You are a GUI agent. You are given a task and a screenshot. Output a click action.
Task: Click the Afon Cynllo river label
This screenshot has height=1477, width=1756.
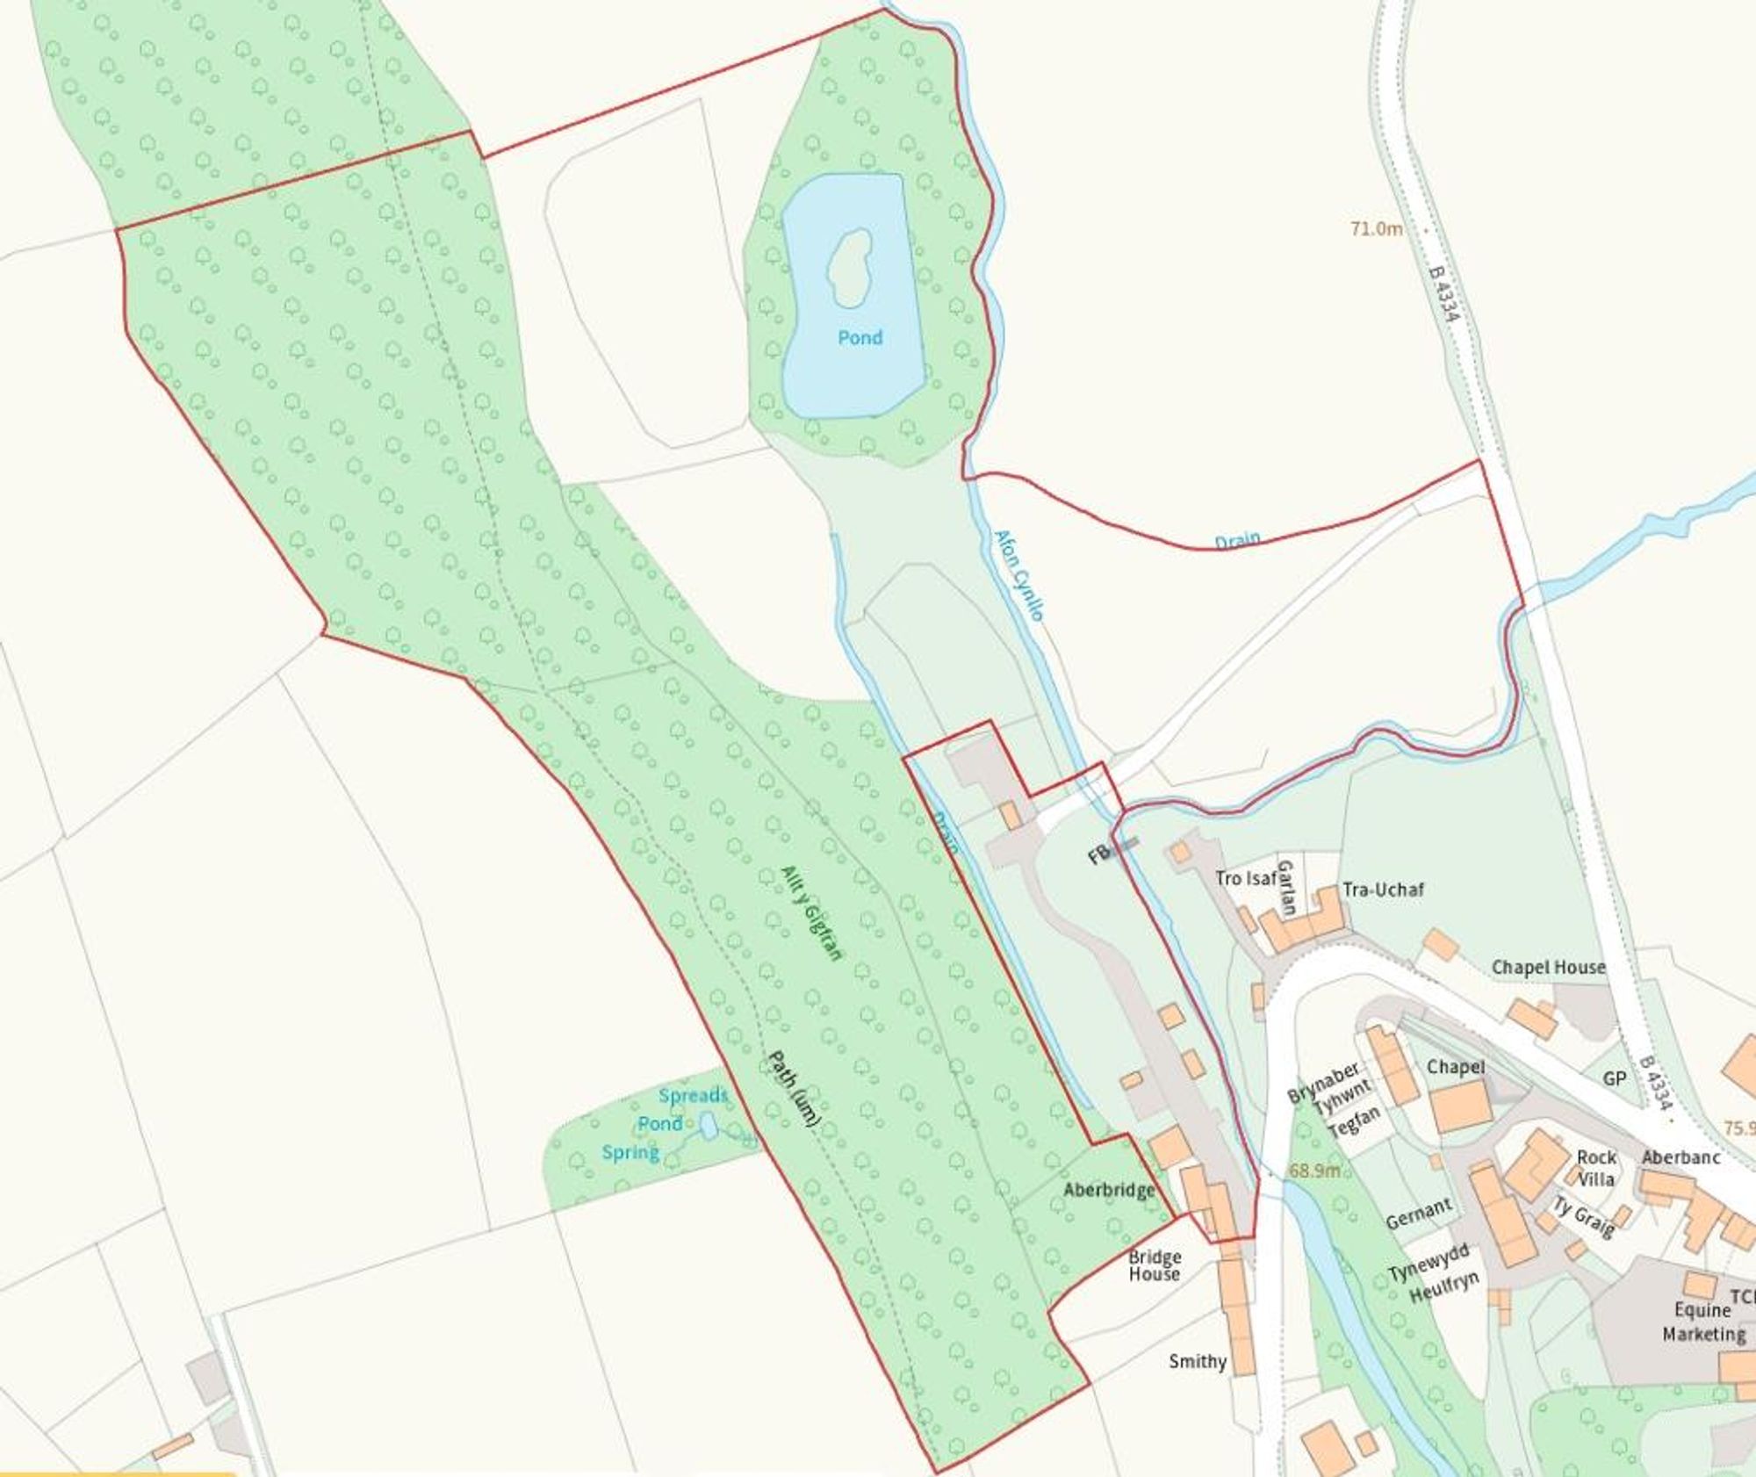[x=1018, y=575]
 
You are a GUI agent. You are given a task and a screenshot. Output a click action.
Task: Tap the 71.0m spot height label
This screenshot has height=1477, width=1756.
[x=1376, y=229]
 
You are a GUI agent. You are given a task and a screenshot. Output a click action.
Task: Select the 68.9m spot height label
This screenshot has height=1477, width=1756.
[x=1314, y=1171]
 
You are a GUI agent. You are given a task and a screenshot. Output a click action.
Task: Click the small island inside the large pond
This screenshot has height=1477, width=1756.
[x=848, y=267]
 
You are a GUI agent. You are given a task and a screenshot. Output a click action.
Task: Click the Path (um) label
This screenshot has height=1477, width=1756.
[x=794, y=1089]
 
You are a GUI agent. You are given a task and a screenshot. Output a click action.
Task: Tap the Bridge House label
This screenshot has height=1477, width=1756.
[x=1155, y=1265]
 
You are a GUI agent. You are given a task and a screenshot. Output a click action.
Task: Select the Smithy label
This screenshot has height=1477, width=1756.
[x=1198, y=1361]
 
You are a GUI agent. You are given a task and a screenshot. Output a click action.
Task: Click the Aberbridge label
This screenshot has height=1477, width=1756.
[x=1109, y=1190]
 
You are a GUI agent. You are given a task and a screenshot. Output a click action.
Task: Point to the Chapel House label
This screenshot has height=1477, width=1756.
[x=1548, y=967]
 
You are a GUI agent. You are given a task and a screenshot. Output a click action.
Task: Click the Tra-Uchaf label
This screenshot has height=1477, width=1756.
[x=1383, y=890]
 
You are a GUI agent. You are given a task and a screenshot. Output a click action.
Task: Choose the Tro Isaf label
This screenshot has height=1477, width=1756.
[x=1245, y=877]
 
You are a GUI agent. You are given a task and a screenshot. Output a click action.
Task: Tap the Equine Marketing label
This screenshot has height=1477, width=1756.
[x=1703, y=1322]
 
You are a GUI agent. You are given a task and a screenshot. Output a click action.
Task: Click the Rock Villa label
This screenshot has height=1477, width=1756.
[x=1595, y=1168]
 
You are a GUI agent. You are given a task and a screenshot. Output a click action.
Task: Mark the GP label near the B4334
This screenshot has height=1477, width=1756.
[x=1615, y=1078]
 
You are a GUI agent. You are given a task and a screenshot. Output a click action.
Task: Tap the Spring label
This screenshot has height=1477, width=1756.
[x=630, y=1152]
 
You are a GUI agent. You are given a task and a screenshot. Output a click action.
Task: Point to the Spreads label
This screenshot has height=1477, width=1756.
[x=693, y=1095]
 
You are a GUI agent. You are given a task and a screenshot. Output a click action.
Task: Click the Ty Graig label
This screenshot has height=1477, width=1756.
[x=1583, y=1217]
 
